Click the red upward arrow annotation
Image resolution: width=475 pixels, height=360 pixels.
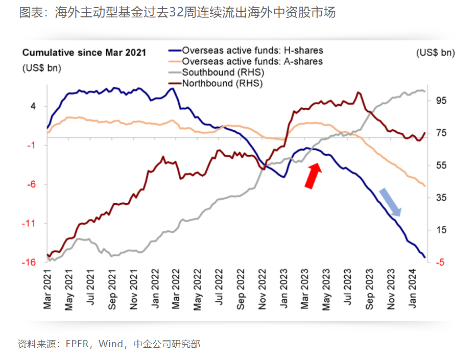pos(313,176)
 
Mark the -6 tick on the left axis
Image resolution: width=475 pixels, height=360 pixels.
pos(30,184)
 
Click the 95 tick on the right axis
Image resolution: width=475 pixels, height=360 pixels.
pos(441,101)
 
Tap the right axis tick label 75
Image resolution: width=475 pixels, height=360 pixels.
pos(441,133)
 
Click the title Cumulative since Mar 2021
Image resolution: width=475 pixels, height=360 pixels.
pos(84,53)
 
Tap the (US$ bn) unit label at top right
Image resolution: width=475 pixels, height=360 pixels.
pos(435,53)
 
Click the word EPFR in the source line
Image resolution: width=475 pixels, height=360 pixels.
pos(76,344)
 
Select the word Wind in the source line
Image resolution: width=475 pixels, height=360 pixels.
pos(111,344)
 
